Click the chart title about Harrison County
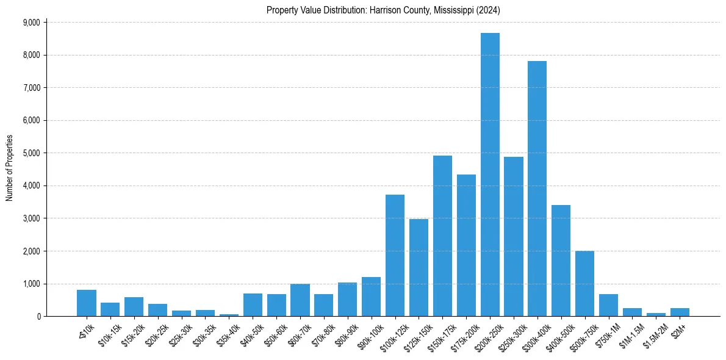[x=383, y=10]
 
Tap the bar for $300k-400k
[x=537, y=189]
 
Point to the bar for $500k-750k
[x=584, y=283]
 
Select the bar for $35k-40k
[x=229, y=315]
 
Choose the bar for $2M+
[x=680, y=312]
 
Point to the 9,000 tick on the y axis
[x=31, y=23]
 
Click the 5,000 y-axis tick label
[x=31, y=153]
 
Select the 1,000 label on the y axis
[x=31, y=284]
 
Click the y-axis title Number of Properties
[x=10, y=168]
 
